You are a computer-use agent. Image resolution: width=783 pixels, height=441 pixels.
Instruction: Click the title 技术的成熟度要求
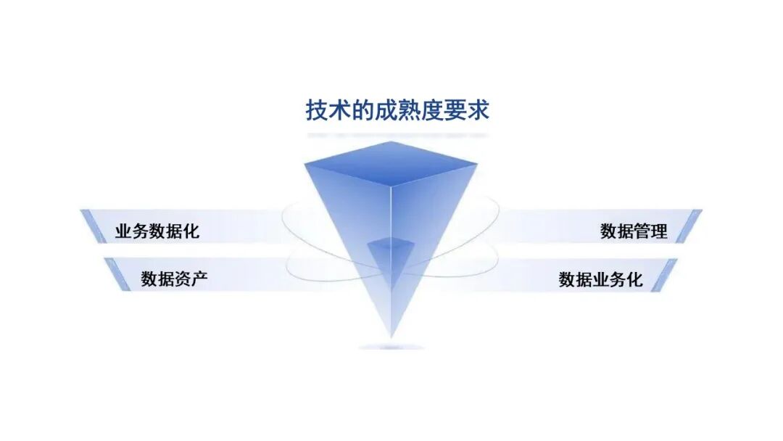[397, 111]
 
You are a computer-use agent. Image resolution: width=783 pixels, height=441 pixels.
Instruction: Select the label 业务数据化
[157, 232]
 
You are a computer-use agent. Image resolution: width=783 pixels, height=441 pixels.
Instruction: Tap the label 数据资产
[174, 279]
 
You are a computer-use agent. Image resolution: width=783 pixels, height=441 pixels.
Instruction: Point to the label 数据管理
[634, 232]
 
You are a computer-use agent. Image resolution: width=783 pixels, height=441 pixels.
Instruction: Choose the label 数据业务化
[600, 279]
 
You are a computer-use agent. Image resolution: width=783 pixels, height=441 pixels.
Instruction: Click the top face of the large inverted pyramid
[391, 163]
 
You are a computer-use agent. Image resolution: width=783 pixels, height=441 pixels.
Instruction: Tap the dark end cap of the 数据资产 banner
[114, 273]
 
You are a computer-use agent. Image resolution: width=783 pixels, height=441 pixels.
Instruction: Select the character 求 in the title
[478, 111]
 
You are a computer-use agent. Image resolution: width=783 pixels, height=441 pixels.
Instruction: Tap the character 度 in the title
[432, 111]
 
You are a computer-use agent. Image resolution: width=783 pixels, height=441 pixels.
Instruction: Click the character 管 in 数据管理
[642, 232]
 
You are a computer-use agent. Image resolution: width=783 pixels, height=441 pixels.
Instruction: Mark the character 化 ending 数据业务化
[634, 279]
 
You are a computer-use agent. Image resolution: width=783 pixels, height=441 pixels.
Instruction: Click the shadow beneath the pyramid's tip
[391, 347]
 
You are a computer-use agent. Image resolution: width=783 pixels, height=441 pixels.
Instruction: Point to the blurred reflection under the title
[397, 135]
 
